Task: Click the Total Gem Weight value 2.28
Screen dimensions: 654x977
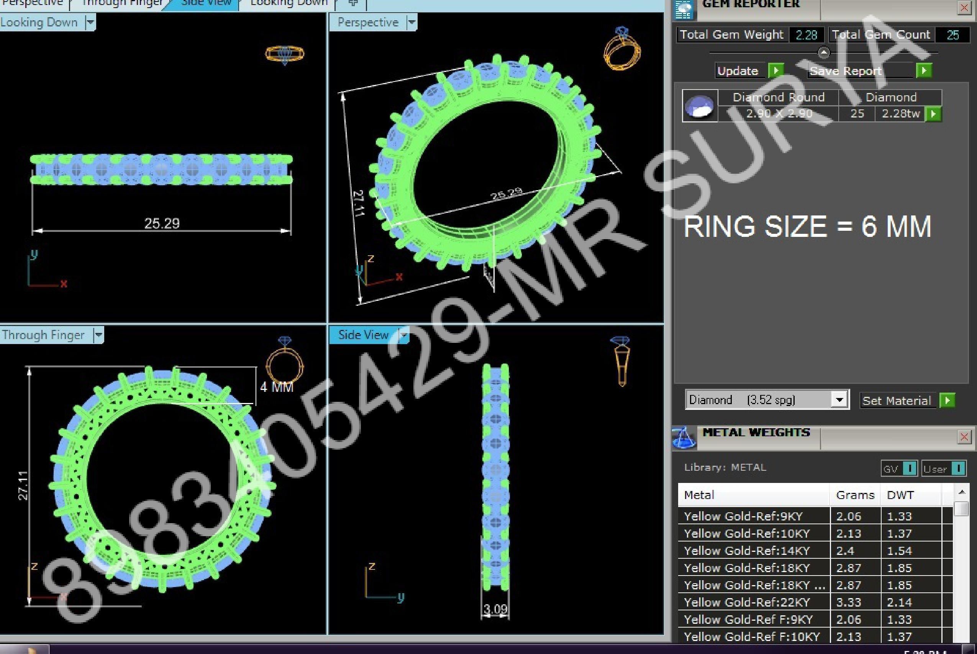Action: click(806, 35)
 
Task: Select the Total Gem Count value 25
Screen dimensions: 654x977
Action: click(952, 35)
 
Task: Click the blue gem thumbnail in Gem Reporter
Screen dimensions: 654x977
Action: click(700, 106)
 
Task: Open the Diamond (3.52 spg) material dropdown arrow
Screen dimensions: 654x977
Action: click(839, 400)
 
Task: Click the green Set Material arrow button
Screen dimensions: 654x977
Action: click(947, 400)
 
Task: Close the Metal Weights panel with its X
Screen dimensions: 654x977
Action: click(964, 437)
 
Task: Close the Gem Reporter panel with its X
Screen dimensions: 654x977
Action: click(964, 8)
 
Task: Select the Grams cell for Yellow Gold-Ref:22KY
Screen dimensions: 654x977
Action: click(849, 602)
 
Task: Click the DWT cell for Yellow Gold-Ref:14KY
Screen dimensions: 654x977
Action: click(899, 551)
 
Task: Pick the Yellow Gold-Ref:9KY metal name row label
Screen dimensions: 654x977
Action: click(743, 516)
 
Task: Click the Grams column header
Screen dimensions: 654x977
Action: click(855, 495)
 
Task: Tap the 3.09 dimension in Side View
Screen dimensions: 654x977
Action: click(495, 609)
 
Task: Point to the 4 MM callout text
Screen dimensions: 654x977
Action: click(276, 387)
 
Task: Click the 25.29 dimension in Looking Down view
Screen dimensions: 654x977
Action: click(162, 223)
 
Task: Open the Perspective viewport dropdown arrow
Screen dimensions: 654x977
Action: click(411, 22)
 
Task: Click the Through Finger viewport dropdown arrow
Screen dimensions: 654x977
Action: click(98, 334)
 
